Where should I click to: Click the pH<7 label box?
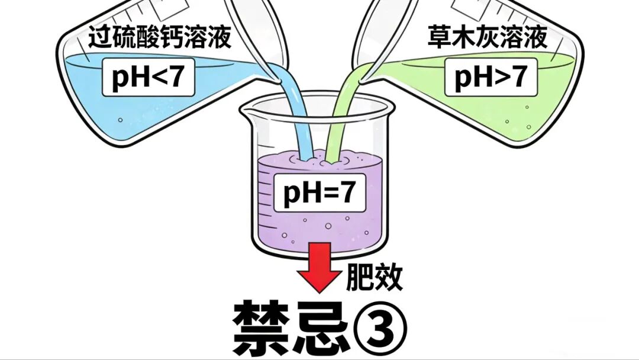coord(149,78)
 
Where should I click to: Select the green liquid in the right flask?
coord(532,112)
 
